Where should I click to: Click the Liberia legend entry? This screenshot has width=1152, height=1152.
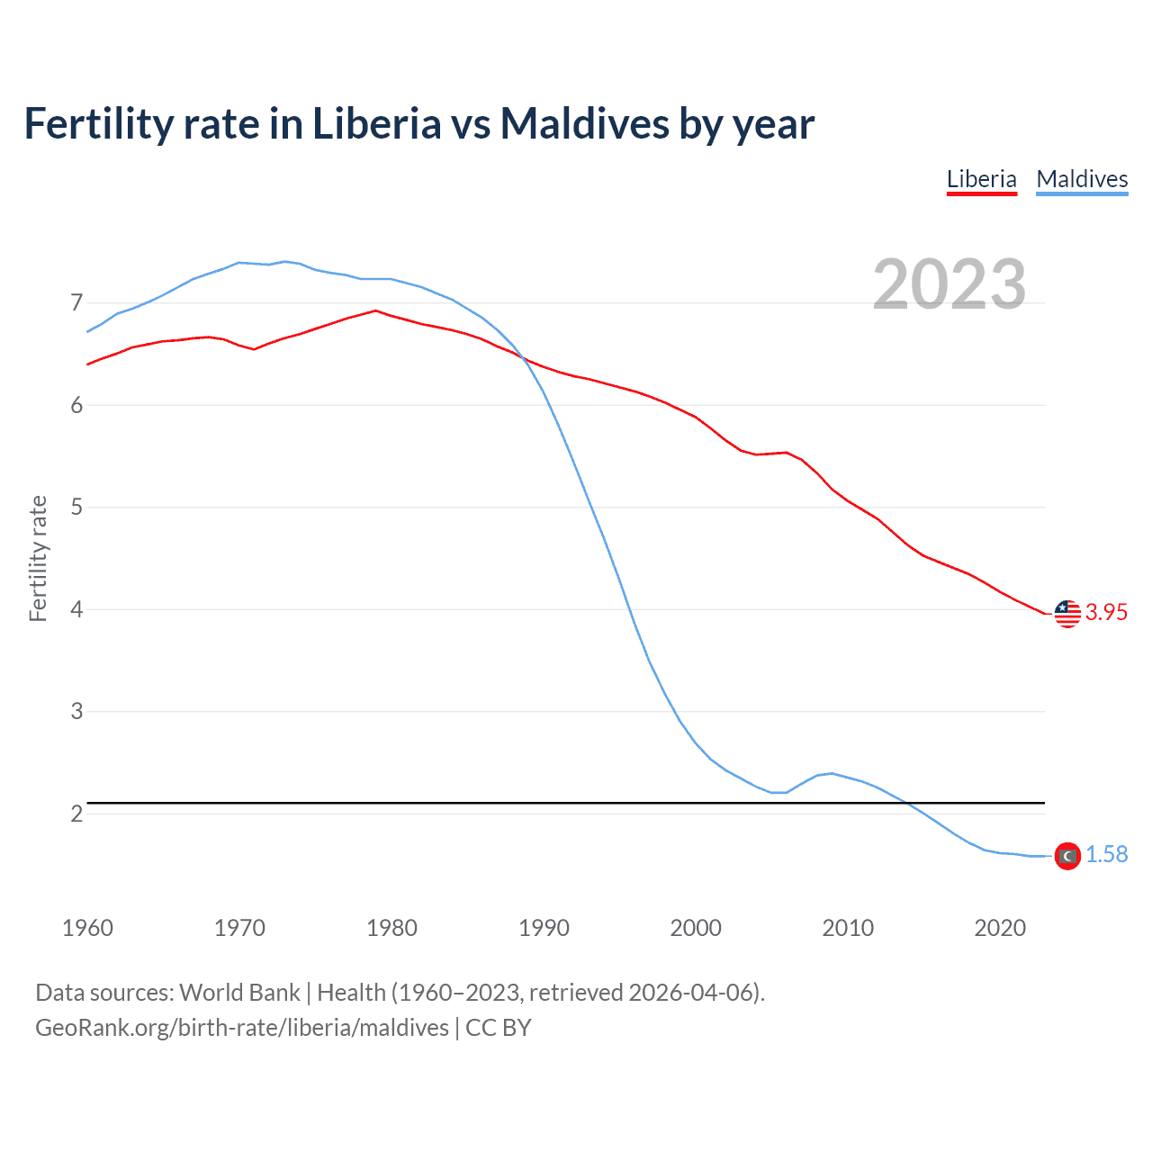[x=981, y=179]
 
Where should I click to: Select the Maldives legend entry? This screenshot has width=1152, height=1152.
[x=1082, y=179]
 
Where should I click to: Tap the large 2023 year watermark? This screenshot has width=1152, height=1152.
[x=949, y=284]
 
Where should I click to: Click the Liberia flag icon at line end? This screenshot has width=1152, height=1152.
[x=1067, y=613]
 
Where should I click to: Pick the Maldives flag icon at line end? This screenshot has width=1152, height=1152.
[x=1067, y=855]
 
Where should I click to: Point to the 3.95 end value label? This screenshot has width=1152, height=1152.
[x=1106, y=613]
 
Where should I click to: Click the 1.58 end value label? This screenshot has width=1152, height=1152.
[x=1106, y=855]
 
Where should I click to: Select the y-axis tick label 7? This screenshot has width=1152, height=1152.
[x=76, y=303]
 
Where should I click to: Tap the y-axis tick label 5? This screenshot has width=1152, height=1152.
[x=76, y=508]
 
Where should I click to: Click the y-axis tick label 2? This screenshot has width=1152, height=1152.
[x=76, y=814]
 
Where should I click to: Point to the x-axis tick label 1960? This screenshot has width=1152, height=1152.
[x=87, y=928]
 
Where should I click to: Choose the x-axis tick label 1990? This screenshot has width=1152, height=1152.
[x=544, y=928]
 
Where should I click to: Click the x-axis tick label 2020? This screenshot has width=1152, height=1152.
[x=1000, y=928]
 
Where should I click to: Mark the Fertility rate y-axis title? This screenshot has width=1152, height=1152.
[x=38, y=558]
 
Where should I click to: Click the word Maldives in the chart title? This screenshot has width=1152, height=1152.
[x=584, y=123]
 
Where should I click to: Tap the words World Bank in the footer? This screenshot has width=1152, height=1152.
[x=239, y=993]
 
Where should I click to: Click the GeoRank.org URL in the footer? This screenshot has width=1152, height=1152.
[x=242, y=1028]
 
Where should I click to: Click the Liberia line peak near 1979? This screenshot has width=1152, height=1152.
[x=375, y=310]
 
